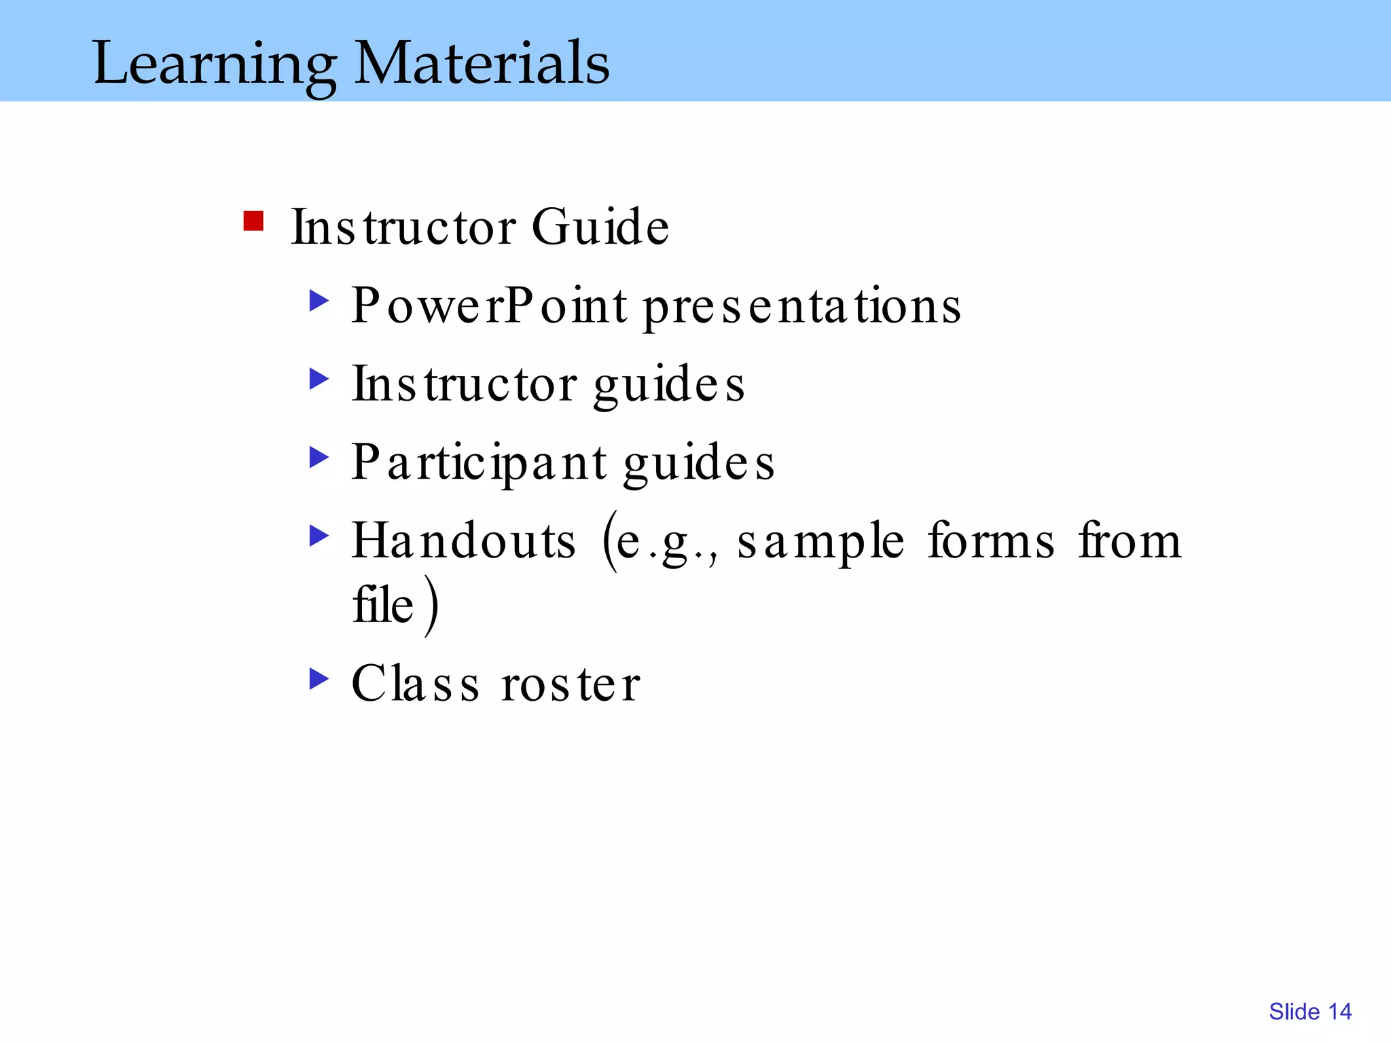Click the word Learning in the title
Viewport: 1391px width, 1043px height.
pyautogui.click(x=214, y=65)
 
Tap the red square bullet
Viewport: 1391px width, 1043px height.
pyautogui.click(x=253, y=221)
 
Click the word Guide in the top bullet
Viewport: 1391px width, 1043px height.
pyautogui.click(x=600, y=227)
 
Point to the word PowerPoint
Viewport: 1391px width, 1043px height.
pyautogui.click(x=489, y=306)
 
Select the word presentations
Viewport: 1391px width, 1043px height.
pyautogui.click(x=801, y=307)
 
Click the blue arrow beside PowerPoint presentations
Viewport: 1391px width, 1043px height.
pyautogui.click(x=319, y=300)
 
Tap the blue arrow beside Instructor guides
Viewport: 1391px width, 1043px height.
pyautogui.click(x=319, y=379)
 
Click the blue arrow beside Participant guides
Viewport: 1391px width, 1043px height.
pyautogui.click(x=319, y=457)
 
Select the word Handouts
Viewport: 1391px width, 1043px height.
pyautogui.click(x=464, y=541)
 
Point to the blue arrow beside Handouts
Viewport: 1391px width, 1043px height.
pyautogui.click(x=319, y=535)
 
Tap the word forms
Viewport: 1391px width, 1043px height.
pyautogui.click(x=991, y=541)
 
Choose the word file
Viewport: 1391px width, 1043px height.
pyautogui.click(x=383, y=604)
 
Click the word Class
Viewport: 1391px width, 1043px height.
pyautogui.click(x=415, y=684)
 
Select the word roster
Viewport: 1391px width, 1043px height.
pyautogui.click(x=571, y=684)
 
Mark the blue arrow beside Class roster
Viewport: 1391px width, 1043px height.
pyautogui.click(x=319, y=678)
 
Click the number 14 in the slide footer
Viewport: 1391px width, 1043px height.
pyautogui.click(x=1340, y=1012)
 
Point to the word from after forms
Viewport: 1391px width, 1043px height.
pyautogui.click(x=1130, y=541)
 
